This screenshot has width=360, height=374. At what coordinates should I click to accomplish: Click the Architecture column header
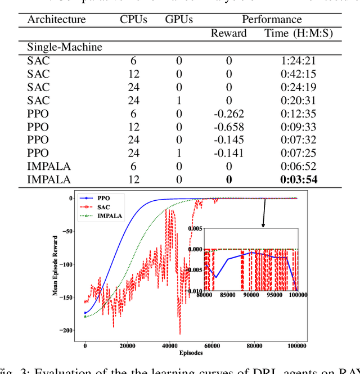56,19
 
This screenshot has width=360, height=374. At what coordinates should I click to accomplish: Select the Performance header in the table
271,19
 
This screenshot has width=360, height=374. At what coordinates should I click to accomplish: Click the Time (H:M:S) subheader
299,33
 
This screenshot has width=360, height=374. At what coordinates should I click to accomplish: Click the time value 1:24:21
299,60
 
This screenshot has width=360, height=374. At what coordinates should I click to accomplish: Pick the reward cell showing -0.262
228,113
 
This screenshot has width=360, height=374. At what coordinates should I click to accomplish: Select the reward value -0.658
228,127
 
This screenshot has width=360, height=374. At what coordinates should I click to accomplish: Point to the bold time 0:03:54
299,180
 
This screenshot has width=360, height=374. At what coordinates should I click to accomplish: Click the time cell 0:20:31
299,100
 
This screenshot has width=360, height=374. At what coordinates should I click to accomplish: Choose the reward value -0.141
228,153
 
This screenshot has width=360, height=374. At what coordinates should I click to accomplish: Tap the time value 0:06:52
299,166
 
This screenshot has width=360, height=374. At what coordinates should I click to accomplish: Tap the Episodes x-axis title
191,353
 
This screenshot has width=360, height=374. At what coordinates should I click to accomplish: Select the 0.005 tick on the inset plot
195,229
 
